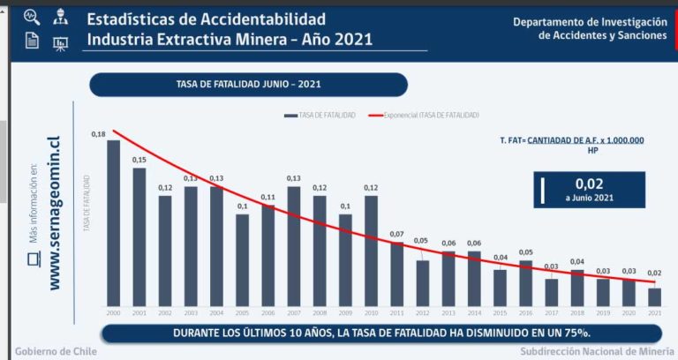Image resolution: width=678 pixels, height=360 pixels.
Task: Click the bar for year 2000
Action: (113, 222)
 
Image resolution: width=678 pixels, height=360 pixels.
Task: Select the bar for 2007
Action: (293, 245)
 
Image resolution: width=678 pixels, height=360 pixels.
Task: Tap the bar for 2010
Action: (371, 250)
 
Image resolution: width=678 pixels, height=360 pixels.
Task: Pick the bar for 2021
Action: (654, 296)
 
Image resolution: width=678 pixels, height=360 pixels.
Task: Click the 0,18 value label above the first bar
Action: (98, 134)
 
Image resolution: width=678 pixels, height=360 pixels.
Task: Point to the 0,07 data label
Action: (396, 234)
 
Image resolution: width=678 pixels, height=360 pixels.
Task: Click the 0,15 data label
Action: (139, 160)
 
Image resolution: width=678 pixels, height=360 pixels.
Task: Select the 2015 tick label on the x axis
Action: (500, 313)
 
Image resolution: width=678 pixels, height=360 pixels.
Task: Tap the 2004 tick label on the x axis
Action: (216, 313)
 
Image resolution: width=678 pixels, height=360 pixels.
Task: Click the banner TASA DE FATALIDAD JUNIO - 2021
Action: (248, 85)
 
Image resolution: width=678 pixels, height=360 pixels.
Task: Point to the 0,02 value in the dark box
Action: (589, 183)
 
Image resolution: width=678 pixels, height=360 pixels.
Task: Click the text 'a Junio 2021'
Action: (589, 198)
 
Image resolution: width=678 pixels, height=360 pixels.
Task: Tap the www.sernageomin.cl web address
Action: (55, 213)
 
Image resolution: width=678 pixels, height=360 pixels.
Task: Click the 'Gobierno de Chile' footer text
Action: (56, 351)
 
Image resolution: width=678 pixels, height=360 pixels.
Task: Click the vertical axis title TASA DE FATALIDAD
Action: (87, 201)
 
